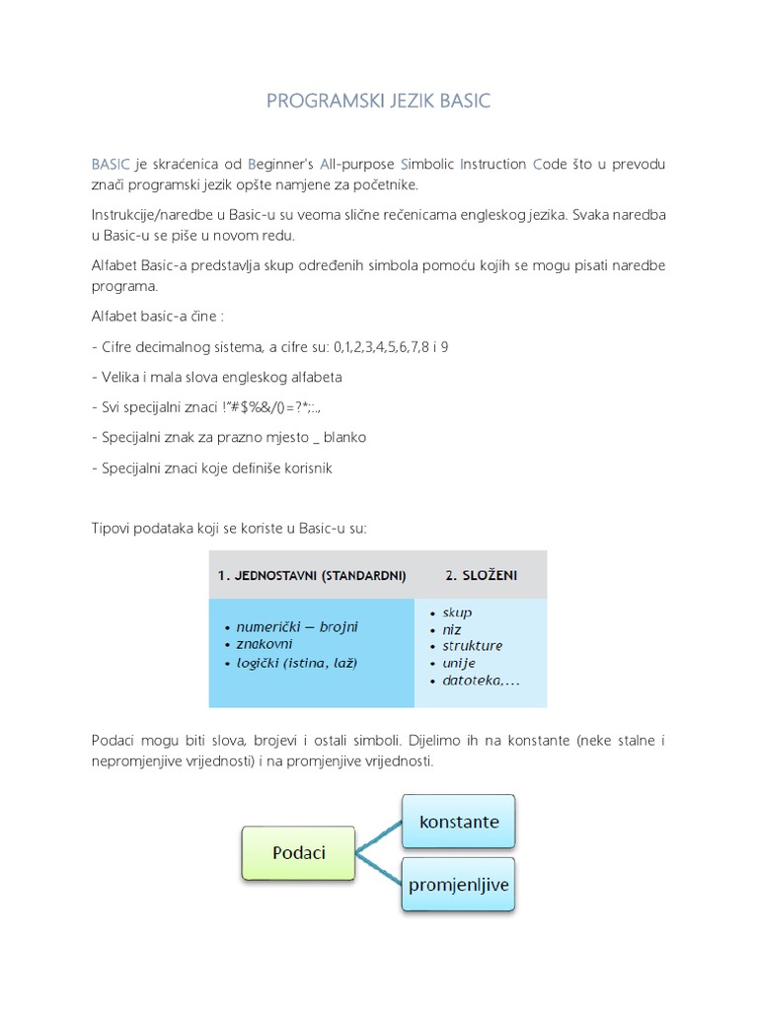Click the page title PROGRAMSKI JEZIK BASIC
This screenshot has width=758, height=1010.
[379, 102]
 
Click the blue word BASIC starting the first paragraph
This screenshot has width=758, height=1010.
[110, 163]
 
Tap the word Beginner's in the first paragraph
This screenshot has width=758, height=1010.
[283, 163]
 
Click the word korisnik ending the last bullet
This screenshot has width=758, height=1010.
[306, 468]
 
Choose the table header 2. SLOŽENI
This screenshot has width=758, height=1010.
[481, 575]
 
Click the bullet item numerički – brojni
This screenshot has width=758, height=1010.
[297, 626]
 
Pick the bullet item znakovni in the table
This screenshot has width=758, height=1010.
[266, 644]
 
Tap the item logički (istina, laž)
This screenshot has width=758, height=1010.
[297, 663]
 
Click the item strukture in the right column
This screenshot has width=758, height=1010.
[473, 646]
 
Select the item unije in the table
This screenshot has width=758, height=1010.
[459, 663]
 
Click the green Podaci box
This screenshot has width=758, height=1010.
[299, 853]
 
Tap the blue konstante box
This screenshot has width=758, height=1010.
[459, 822]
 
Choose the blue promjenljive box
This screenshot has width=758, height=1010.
[459, 885]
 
